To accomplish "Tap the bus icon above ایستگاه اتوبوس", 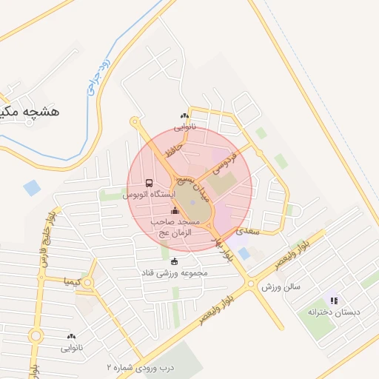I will tap(150, 183).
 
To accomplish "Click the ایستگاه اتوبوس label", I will tap(150, 194).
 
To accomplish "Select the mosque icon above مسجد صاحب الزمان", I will tap(175, 212).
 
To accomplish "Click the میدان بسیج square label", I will tap(198, 191).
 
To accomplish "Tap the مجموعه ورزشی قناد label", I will tap(175, 272).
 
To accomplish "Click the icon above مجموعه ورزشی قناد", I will tap(175, 261).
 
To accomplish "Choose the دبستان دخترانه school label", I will tap(334, 312).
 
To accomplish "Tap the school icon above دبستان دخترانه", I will tap(334, 301).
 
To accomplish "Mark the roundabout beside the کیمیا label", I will tap(88, 282).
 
